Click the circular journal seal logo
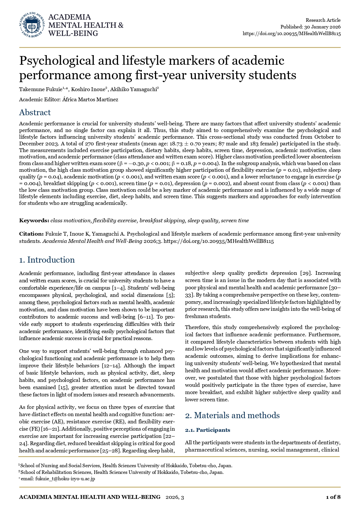pyautogui.click(x=32, y=25)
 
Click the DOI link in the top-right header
pyautogui.click(x=292, y=33)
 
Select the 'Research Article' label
pyautogui.click(x=323, y=20)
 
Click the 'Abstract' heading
pyautogui.click(x=35, y=113)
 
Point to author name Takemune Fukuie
pyautogui.click(x=41, y=89)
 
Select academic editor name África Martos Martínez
pyautogui.click(x=90, y=100)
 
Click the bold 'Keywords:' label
pyautogui.click(x=34, y=221)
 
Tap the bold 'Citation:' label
pyautogui.click(x=31, y=234)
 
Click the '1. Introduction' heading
pyautogui.click(x=47, y=260)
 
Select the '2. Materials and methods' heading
pyautogui.click(x=232, y=416)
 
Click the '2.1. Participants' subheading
pyautogui.click(x=207, y=430)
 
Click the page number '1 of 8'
pyautogui.click(x=333, y=497)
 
